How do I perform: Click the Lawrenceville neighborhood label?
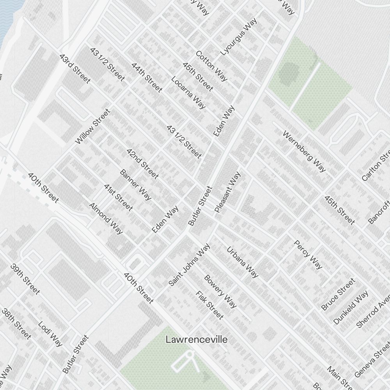pyautogui.click(x=197, y=339)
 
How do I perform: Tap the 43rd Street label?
pyautogui.click(x=75, y=69)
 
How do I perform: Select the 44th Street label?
pyautogui.click(x=147, y=78)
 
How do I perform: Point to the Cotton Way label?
pyautogui.click(x=211, y=66)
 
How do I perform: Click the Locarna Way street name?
pyautogui.click(x=188, y=92)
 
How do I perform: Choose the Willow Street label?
pyautogui.click(x=92, y=127)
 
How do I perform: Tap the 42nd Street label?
pyautogui.click(x=142, y=164)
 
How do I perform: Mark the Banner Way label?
pyautogui.click(x=136, y=185)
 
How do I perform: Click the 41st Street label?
pyautogui.click(x=118, y=197)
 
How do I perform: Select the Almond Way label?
pyautogui.click(x=106, y=218)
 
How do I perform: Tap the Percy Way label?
pyautogui.click(x=308, y=255)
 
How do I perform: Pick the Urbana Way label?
pyautogui.click(x=243, y=262)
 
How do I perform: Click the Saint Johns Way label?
pyautogui.click(x=190, y=265)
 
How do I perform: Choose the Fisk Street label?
pyautogui.click(x=210, y=305)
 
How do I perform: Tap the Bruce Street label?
pyautogui.click(x=338, y=294)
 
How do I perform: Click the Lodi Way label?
pyautogui.click(x=50, y=334)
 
